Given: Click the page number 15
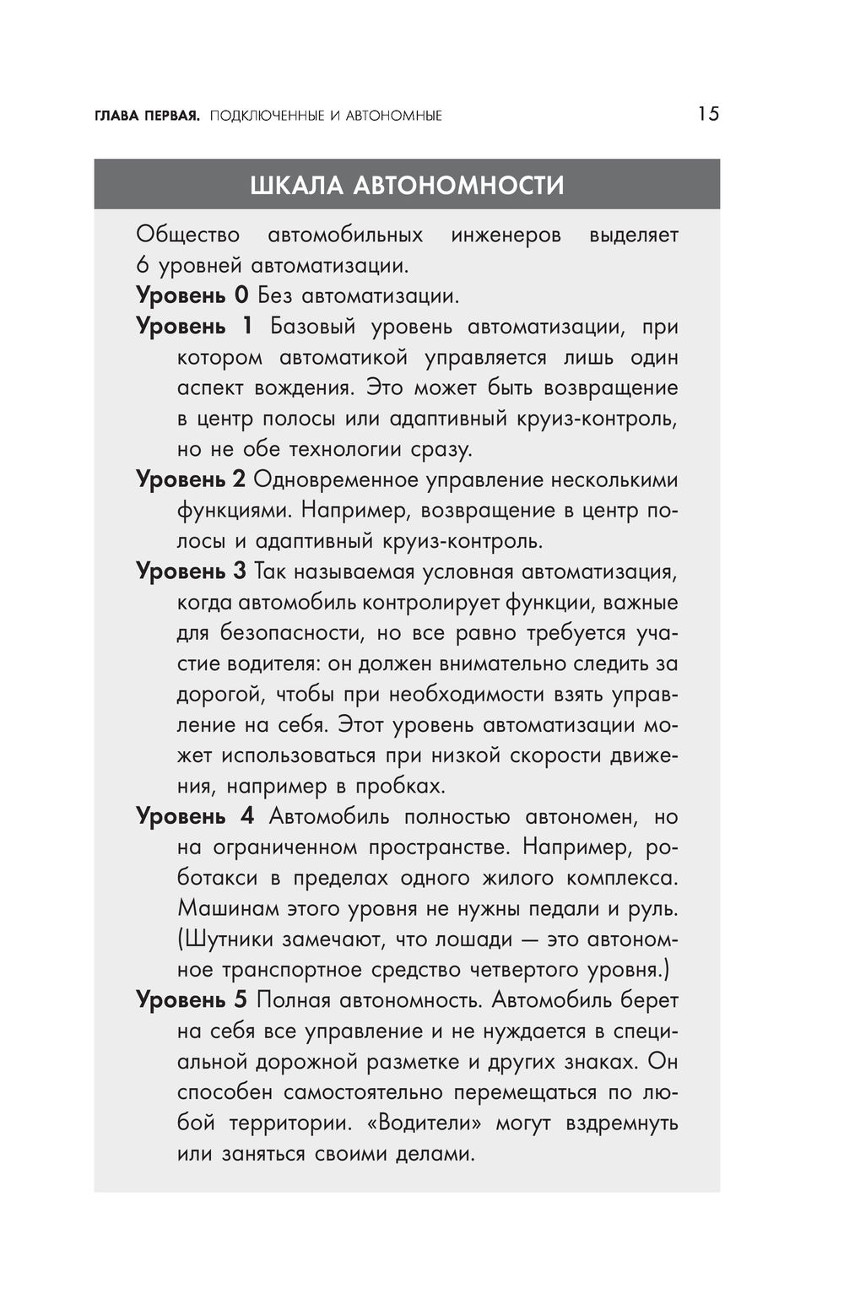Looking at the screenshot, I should point(708,114).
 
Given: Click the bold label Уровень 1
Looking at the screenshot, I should point(194,327).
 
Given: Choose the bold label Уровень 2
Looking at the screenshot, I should point(191,480).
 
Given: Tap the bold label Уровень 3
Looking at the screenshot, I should point(191,571).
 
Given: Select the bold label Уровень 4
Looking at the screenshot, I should point(194,816).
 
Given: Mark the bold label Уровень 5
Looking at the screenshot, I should point(191,1000).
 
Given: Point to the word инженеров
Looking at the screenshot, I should point(506,235).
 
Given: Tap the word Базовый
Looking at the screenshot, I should point(313,327).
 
